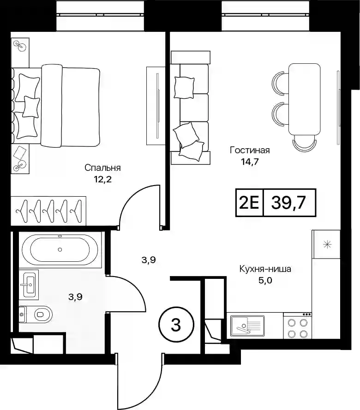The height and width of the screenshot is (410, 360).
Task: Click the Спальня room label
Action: [x=102, y=168]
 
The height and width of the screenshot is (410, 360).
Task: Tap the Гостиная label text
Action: [x=250, y=151]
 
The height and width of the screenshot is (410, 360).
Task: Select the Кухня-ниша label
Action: [x=265, y=269]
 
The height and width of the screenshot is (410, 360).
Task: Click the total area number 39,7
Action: [x=288, y=203]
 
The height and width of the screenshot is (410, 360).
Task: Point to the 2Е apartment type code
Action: [x=249, y=203]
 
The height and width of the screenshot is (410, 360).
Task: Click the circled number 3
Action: [x=176, y=325]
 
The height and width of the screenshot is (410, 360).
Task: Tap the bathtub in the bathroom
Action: [x=60, y=249]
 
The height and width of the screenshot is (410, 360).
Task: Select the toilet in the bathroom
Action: [x=36, y=314]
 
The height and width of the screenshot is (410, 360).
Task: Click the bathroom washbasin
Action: [x=29, y=285]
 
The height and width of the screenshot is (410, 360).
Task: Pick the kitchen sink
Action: [x=247, y=326]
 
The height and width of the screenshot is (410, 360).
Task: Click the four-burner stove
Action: [x=297, y=326]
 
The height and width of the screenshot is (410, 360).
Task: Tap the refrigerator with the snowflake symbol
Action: [x=326, y=245]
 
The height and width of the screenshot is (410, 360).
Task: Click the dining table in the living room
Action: [x=304, y=99]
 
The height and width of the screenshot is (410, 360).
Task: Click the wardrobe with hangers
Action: [x=48, y=211]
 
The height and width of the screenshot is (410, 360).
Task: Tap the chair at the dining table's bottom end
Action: [x=304, y=143]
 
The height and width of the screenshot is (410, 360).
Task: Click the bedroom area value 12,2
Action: [x=103, y=179]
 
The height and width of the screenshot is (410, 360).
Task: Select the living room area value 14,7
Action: [x=250, y=162]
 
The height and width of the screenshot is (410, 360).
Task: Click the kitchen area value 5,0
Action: [x=265, y=281]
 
